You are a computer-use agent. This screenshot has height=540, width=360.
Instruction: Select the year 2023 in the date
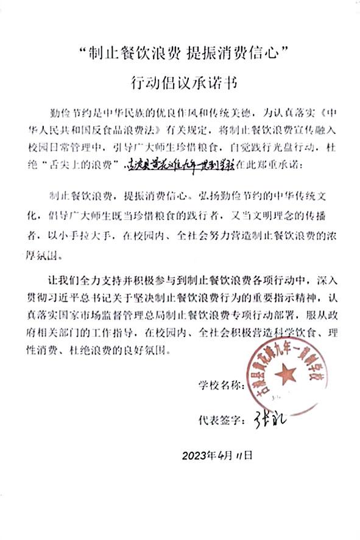[x=195, y=455]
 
